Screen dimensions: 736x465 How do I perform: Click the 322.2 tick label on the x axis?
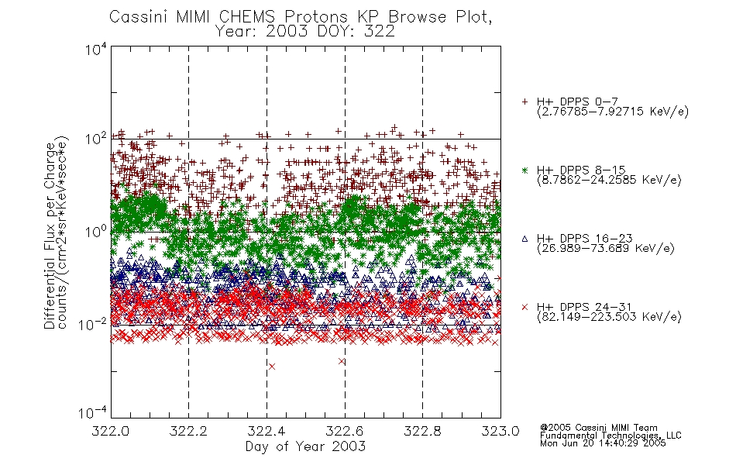[188, 431]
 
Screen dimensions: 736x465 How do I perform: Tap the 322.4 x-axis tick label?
[267, 431]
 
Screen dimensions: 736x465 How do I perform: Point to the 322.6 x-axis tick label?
[345, 431]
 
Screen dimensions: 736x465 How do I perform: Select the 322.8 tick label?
[422, 431]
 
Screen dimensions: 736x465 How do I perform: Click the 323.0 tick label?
[500, 431]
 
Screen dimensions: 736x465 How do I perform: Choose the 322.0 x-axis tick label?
[110, 431]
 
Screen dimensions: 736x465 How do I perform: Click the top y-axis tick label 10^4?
[96, 49]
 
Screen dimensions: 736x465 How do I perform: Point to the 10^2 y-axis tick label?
[96, 139]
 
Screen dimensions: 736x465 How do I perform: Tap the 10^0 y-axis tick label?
[96, 232]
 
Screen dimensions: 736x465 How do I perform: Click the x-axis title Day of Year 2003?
[305, 446]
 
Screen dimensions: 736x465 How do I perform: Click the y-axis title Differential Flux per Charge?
[50, 233]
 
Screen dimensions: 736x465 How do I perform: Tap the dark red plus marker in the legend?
[524, 102]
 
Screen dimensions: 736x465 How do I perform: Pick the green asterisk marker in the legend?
[524, 170]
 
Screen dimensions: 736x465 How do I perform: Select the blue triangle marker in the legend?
[524, 239]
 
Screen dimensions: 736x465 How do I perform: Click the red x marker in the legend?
[524, 307]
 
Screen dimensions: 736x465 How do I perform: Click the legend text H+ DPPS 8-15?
[581, 170]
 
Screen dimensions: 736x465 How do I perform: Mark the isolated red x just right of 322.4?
[272, 367]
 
